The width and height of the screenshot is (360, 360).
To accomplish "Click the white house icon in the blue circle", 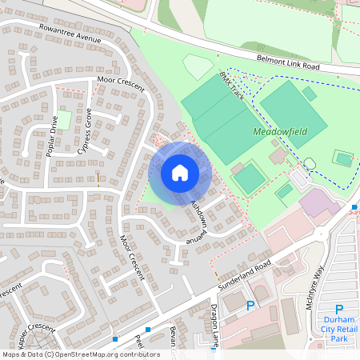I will click(180, 172).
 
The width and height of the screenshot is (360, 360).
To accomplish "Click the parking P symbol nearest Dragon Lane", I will click(250, 306).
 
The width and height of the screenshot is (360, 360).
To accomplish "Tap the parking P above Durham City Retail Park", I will click(338, 310).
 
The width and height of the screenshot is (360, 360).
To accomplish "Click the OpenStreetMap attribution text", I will click(80, 354).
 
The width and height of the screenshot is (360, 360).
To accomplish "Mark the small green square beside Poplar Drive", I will click(63, 121).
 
